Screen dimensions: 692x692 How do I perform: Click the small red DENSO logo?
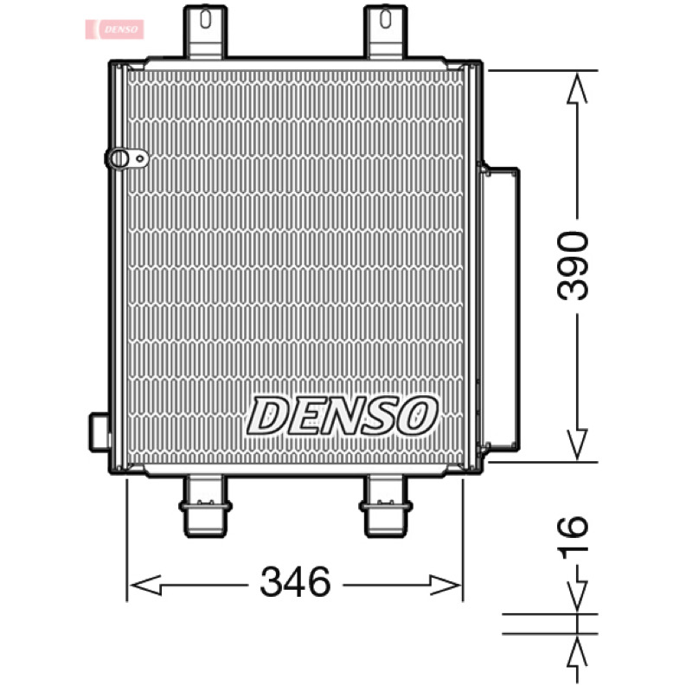point(114,29)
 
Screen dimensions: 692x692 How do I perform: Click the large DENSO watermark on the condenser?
point(343,415)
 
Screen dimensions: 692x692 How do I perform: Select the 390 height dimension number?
point(573,266)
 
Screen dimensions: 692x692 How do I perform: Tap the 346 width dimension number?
point(295,581)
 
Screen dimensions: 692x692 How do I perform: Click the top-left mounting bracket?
point(205,32)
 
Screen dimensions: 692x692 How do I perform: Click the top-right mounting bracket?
point(385,32)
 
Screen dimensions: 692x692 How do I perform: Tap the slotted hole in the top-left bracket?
point(205,19)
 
